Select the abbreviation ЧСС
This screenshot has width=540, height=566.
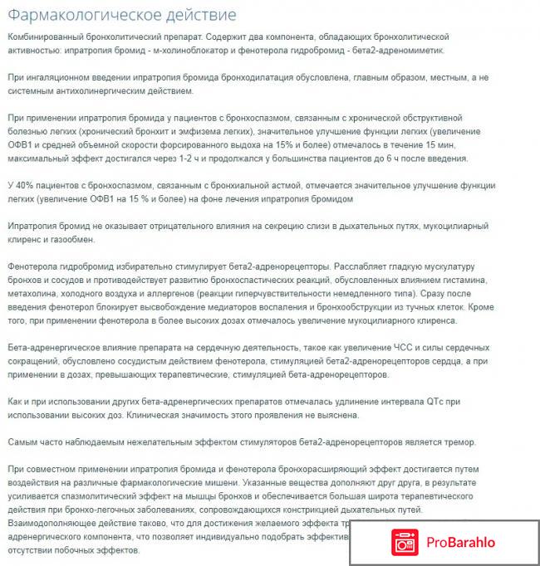[369, 347]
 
